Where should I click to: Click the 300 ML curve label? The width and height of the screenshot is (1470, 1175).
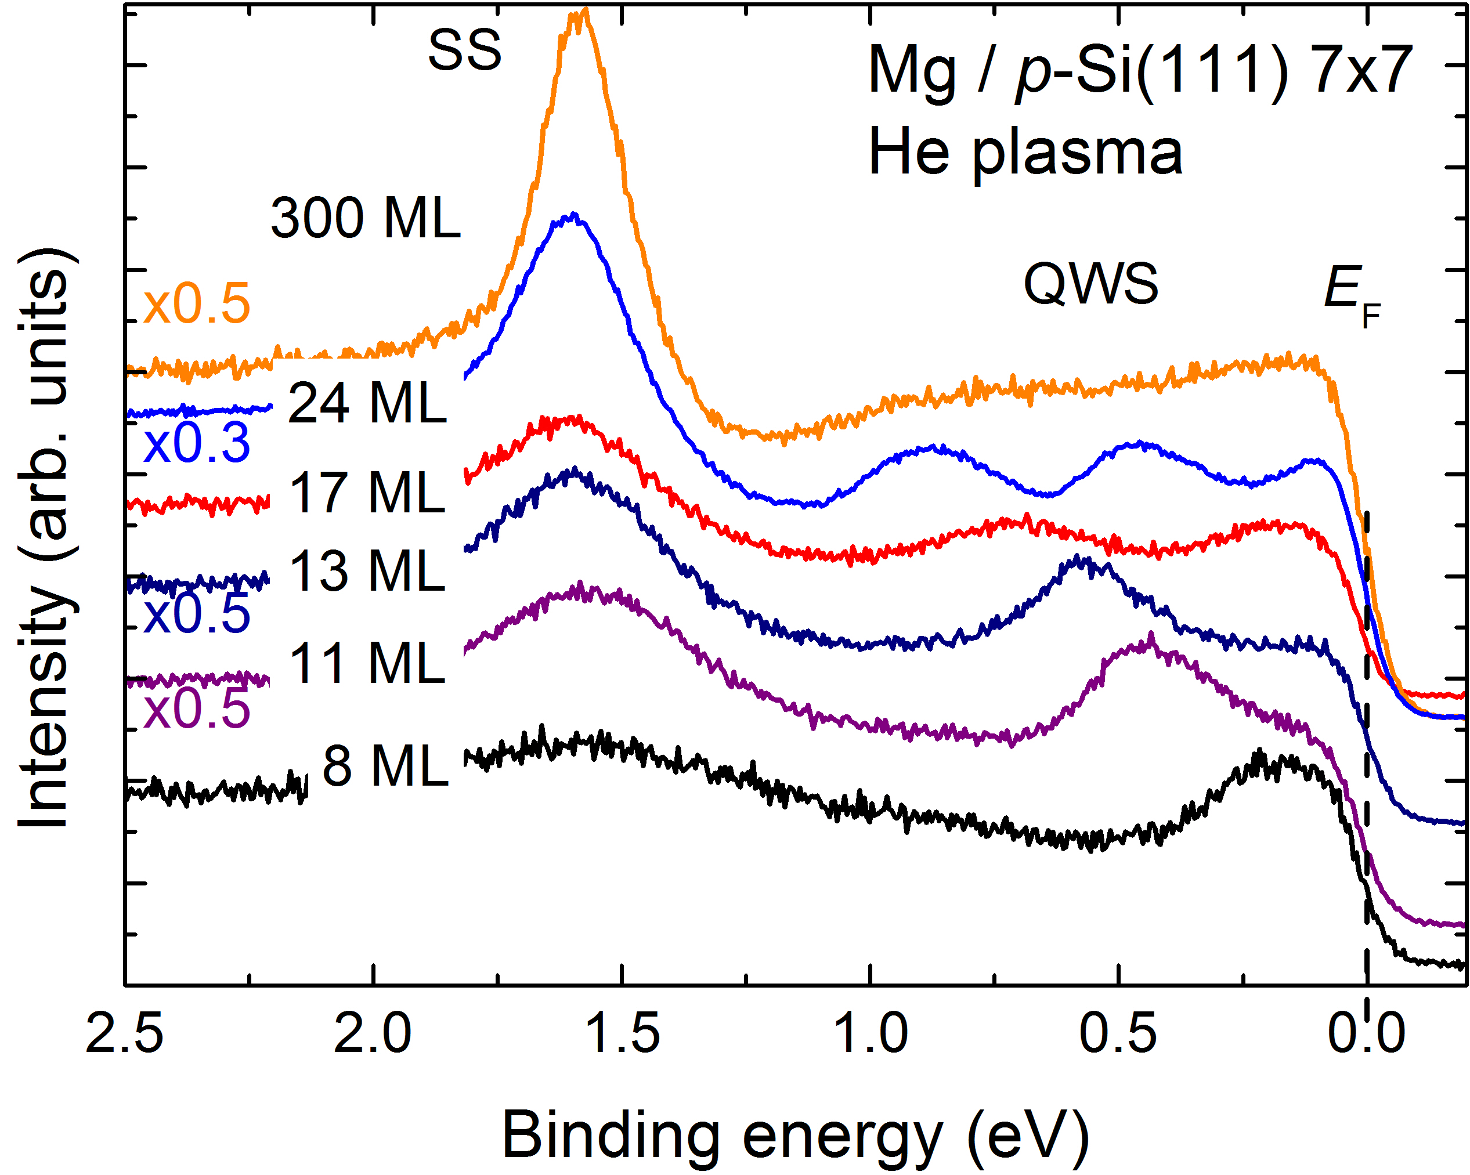tap(366, 218)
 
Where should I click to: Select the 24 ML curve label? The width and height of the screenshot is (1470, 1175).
tap(367, 403)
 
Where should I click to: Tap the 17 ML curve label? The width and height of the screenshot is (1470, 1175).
tap(367, 492)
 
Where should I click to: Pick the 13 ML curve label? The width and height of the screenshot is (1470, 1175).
tap(367, 570)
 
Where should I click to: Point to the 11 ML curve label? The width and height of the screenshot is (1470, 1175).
tap(367, 663)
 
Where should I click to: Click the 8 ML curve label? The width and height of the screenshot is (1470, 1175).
tap(385, 766)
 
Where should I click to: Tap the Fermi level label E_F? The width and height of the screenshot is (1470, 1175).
tap(1352, 294)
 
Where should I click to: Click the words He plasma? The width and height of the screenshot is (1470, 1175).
tap(1025, 153)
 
